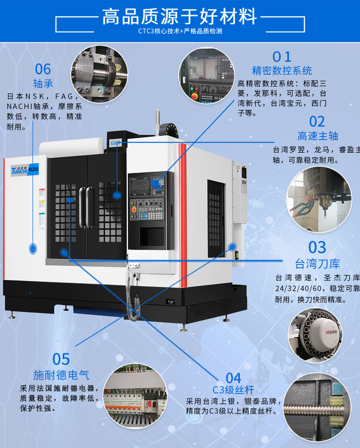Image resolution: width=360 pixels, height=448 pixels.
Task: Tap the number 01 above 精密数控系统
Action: click(x=282, y=57)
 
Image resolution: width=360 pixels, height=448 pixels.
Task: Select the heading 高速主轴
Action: click(x=317, y=136)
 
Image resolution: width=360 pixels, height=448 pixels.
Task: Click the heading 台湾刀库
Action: click(x=317, y=264)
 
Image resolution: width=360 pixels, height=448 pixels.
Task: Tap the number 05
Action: click(x=61, y=359)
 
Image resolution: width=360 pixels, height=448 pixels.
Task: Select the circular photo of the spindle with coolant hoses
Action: click(x=319, y=200)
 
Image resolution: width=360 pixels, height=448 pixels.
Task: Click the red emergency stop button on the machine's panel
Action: click(x=134, y=209)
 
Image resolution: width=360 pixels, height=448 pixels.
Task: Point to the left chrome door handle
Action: click(x=82, y=208)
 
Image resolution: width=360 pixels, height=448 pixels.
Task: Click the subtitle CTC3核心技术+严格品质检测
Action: click(x=180, y=31)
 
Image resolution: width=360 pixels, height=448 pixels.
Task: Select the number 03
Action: click(x=317, y=247)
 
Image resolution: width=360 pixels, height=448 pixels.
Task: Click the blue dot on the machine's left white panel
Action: click(x=33, y=248)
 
